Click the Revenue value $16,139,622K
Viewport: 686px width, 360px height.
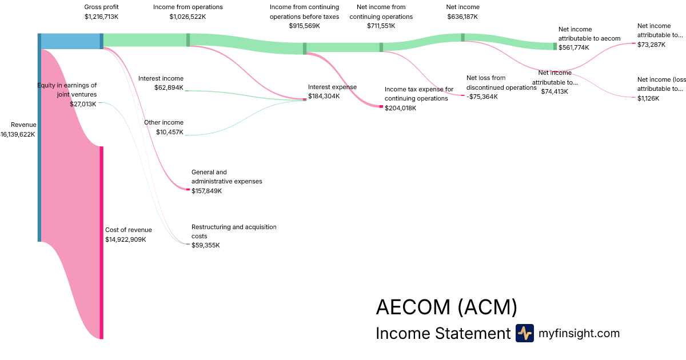pyautogui.click(x=18, y=135)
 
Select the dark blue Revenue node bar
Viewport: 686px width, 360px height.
pyautogui.click(x=39, y=137)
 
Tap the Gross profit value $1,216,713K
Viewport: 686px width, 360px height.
pyautogui.click(x=101, y=17)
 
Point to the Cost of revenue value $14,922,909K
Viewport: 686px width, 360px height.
pyautogui.click(x=126, y=239)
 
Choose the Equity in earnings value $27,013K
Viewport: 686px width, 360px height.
pyautogui.click(x=85, y=104)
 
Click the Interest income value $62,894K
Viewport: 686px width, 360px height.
pyautogui.click(x=169, y=88)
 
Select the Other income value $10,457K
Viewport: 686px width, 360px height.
pyautogui.click(x=170, y=133)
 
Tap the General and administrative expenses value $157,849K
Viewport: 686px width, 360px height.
pyautogui.click(x=206, y=191)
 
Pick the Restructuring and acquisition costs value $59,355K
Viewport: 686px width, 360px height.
pyautogui.click(x=205, y=246)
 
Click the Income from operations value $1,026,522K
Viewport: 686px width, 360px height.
pyautogui.click(x=188, y=17)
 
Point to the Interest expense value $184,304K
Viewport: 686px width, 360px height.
pyautogui.click(x=324, y=96)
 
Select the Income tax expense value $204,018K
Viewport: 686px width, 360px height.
pyautogui.click(x=400, y=108)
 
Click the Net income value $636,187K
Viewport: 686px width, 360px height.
pyautogui.click(x=462, y=17)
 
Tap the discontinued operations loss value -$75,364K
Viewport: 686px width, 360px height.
pyautogui.click(x=482, y=97)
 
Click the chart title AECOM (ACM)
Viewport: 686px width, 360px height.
pyautogui.click(x=446, y=307)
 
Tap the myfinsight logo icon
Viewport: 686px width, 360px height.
pyautogui.click(x=525, y=333)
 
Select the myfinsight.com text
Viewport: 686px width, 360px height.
pyautogui.click(x=579, y=333)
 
